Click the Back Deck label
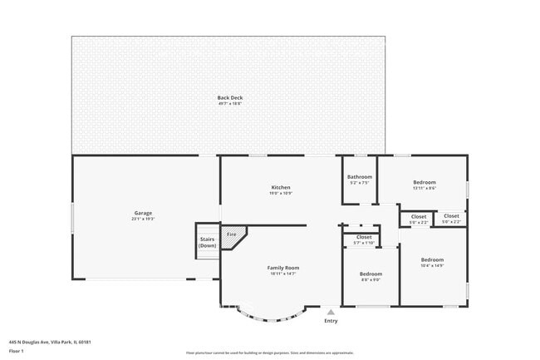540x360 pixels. coord(230,97)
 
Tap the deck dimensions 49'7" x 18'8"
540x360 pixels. coord(230,103)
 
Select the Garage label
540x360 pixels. coord(143,213)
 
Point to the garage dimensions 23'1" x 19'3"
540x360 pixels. coord(143,219)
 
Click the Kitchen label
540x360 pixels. coord(280,187)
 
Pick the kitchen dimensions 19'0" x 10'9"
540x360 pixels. coord(280,193)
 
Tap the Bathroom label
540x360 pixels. coord(360,176)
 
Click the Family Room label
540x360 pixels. coord(282,268)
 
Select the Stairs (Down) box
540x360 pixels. coord(207,242)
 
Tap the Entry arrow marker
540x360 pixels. coord(331,312)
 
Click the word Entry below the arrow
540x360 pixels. coord(331,320)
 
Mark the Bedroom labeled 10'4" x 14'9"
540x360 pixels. coord(432,262)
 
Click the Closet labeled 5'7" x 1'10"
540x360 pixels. coord(364,239)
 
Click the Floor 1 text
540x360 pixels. coord(17,350)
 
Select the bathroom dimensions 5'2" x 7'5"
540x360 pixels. coord(360,182)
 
